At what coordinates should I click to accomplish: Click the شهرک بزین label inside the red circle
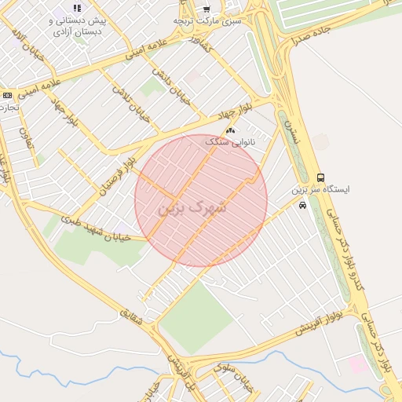(192, 208)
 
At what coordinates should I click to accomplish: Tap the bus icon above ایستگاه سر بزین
(320, 177)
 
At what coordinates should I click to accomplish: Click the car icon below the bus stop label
(302, 205)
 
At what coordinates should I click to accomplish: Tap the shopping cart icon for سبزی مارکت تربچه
(206, 9)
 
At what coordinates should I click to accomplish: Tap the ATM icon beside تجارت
(7, 95)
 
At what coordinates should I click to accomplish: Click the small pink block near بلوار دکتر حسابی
(357, 364)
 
